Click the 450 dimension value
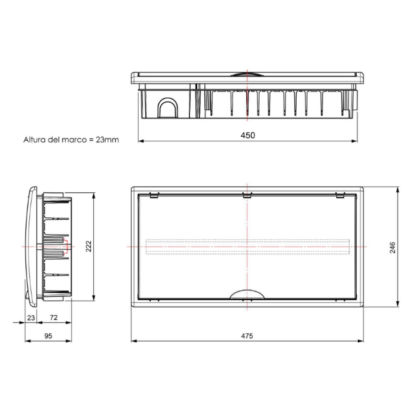click(x=248, y=135)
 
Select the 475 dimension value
click(x=247, y=336)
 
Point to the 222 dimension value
click(x=89, y=246)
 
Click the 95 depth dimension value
click(x=48, y=336)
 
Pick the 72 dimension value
click(x=54, y=318)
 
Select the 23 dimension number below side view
click(x=31, y=318)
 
